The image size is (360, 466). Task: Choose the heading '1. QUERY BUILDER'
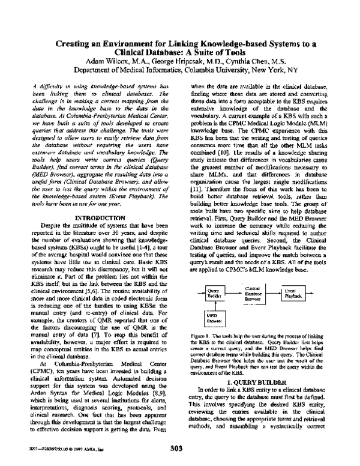click(257, 382)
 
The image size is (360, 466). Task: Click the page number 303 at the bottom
click(180, 447)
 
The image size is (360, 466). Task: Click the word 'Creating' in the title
click(77, 44)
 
